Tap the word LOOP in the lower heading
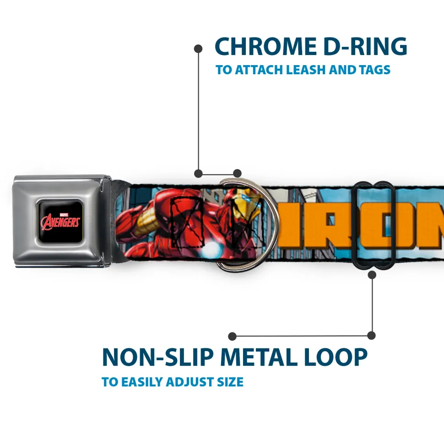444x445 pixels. [336, 357]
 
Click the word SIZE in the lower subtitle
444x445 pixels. [230, 382]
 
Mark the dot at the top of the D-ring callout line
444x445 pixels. [198, 48]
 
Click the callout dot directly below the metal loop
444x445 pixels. [372, 275]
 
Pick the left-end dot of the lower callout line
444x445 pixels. [233, 336]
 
